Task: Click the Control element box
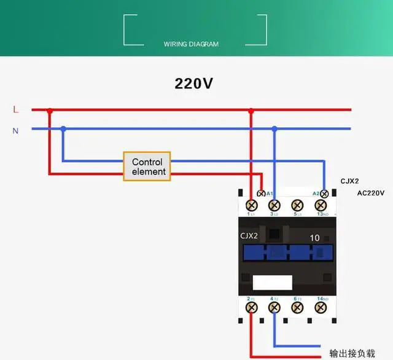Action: pos(147,166)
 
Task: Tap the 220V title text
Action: pos(194,84)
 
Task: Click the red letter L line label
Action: pos(16,110)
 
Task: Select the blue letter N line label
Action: pos(16,130)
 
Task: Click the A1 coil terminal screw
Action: pos(262,194)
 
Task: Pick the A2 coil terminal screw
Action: pos(324,194)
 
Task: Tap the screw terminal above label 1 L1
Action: pos(251,205)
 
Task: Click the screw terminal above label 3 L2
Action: pos(274,205)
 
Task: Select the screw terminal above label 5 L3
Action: pos(297,205)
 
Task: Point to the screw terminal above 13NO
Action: pos(320,205)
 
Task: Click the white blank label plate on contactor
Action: pos(273,283)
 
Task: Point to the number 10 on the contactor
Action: pos(314,238)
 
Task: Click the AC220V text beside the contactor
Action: pos(371,193)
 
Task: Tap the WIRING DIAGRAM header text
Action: pos(191,44)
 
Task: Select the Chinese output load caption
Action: pos(351,354)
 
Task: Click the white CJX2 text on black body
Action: pos(250,236)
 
